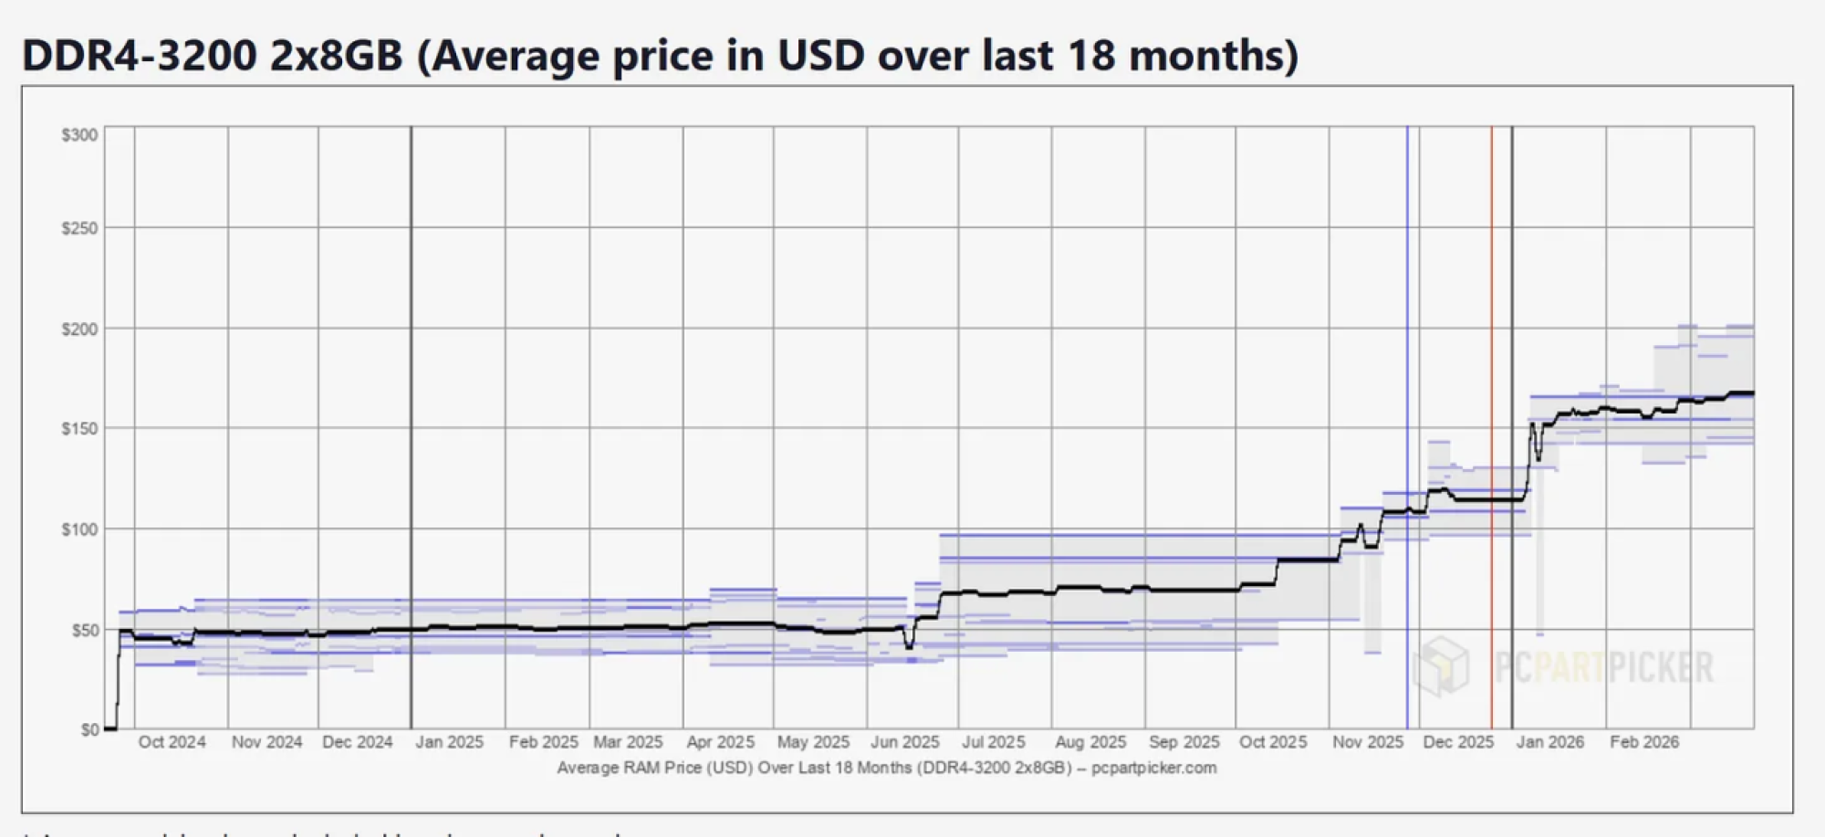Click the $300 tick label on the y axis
click(79, 135)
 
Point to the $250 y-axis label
click(79, 228)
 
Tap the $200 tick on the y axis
click(79, 329)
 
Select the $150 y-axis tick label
click(79, 428)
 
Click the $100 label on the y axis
click(79, 529)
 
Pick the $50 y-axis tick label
click(84, 630)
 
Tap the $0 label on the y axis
click(89, 729)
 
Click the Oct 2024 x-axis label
click(172, 742)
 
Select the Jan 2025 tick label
click(449, 742)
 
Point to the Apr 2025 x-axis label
click(720, 742)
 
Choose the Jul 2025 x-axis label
click(993, 742)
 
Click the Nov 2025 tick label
click(1367, 742)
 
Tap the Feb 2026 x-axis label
click(1643, 742)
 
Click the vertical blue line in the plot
click(1407, 274)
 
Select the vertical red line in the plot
click(1492, 274)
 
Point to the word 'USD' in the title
click(820, 56)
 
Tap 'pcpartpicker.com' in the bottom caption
click(1153, 768)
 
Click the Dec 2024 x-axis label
click(357, 742)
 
